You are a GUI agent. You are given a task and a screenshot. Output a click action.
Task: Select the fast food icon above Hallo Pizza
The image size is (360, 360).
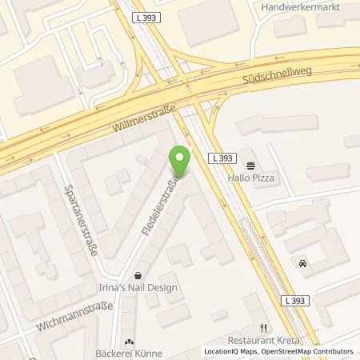pyautogui.click(x=251, y=166)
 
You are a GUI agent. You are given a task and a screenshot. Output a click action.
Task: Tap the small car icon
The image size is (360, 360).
pyautogui.click(x=302, y=263)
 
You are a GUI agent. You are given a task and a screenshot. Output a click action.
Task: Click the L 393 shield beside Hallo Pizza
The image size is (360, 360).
pyautogui.click(x=222, y=158)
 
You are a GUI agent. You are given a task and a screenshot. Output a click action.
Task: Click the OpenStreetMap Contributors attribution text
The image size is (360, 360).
pyautogui.click(x=306, y=351)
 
